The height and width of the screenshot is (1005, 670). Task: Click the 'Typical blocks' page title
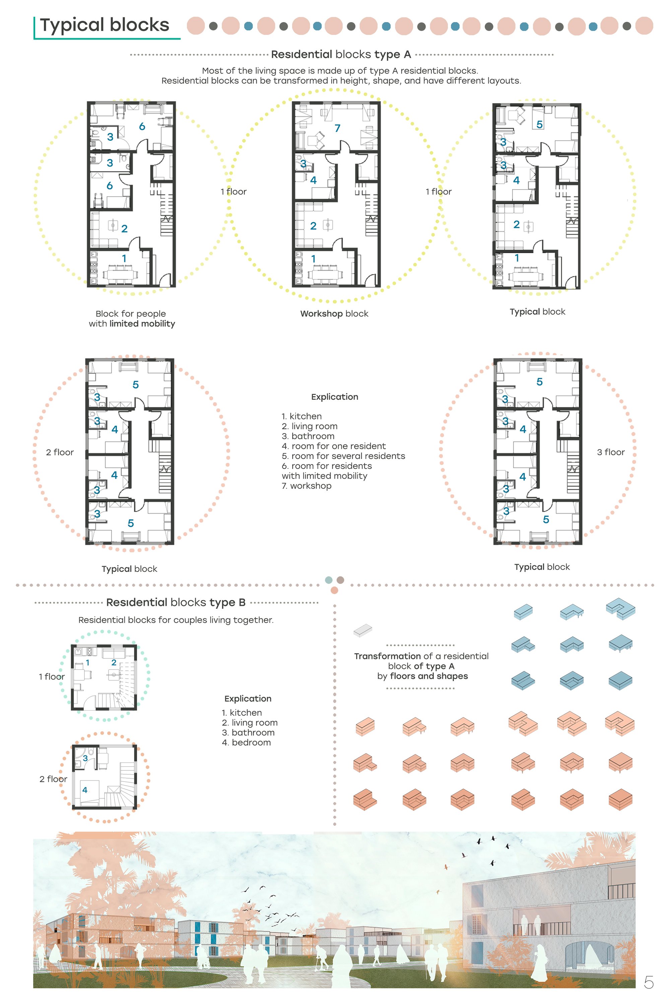[105, 25]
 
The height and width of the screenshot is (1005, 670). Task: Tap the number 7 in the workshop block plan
[338, 128]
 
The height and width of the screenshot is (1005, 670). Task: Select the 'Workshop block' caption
[334, 314]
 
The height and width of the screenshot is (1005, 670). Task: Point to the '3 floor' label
[611, 452]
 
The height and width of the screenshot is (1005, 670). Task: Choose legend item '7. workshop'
[307, 486]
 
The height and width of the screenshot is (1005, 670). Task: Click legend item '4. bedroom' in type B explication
[246, 742]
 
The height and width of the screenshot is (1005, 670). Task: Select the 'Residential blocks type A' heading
[341, 54]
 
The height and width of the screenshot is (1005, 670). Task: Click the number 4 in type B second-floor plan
[85, 790]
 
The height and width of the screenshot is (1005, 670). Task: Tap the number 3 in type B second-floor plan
[85, 758]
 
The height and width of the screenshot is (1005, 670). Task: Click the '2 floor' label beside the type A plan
[60, 452]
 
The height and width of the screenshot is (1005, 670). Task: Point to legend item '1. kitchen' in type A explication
[302, 416]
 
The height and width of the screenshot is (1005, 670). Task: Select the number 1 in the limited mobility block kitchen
[124, 259]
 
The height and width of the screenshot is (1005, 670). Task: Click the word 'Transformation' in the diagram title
[388, 656]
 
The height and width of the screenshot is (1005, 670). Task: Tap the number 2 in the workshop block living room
[313, 225]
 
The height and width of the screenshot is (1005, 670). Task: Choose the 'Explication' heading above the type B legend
[248, 698]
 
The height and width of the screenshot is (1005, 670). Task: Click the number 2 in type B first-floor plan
[114, 662]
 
